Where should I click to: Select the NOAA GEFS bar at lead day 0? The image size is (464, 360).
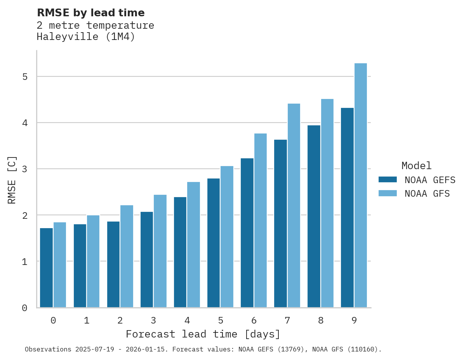[x=47, y=268]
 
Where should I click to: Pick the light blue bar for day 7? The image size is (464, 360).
[x=294, y=206]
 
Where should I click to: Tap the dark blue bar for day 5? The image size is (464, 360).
[x=214, y=243]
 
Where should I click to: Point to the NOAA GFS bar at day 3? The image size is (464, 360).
[x=160, y=251]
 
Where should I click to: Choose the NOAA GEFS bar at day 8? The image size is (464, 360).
[x=314, y=216]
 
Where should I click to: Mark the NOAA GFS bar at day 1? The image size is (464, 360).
[x=93, y=261]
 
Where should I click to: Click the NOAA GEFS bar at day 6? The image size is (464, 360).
[x=247, y=233]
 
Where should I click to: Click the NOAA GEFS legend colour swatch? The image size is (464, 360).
[x=388, y=180]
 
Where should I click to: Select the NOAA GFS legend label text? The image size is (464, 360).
[x=427, y=194]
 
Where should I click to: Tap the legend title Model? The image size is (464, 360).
[x=416, y=166]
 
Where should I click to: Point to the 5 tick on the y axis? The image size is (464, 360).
[x=25, y=77]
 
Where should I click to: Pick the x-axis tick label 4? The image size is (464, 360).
[x=187, y=321]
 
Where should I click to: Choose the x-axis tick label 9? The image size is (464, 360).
[x=354, y=321]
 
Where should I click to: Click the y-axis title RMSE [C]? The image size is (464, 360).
[x=12, y=180]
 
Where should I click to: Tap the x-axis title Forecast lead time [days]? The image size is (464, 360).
[x=203, y=334]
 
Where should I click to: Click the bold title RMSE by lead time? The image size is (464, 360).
[x=91, y=13]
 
